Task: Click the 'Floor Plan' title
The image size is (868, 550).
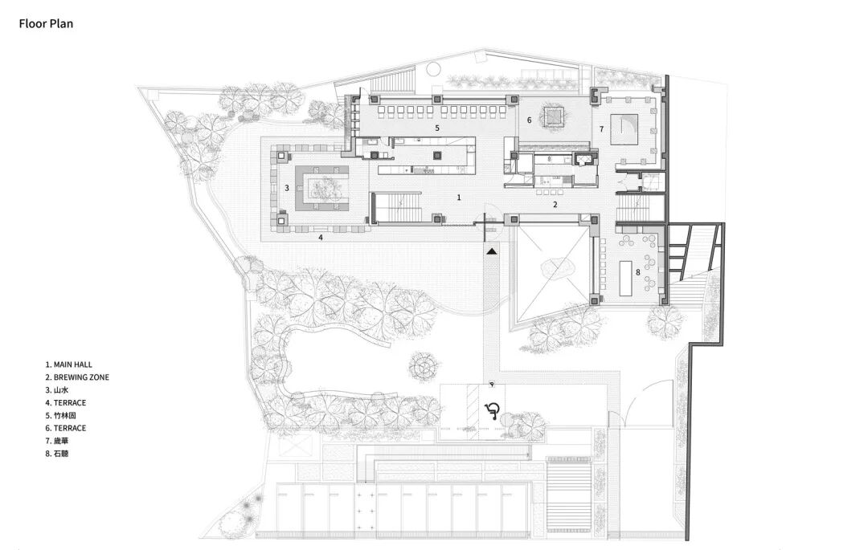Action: coord(46,24)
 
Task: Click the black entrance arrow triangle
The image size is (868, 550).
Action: coord(491,251)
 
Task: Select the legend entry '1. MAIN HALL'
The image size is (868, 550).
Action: coord(68,365)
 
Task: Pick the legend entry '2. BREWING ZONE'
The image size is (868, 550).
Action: coord(77,377)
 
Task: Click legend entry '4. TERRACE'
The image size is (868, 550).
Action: coord(65,403)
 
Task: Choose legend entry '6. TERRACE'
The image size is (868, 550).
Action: coord(65,429)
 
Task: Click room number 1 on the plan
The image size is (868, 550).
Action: coord(458,198)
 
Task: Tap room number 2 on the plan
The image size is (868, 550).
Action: coord(555,205)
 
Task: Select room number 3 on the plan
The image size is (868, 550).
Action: coord(287,188)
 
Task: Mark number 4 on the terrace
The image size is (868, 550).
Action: coord(320,238)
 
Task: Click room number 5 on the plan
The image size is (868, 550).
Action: coord(436,128)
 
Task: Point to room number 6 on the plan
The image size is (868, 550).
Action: coord(529,120)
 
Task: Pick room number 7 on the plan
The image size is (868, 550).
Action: coord(602,129)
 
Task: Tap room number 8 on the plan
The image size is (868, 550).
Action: coord(637,272)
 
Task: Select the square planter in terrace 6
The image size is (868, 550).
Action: coord(553,116)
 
